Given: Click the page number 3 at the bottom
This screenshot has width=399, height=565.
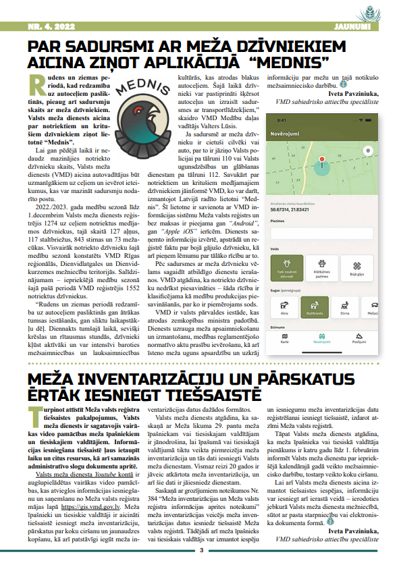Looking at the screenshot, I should point(201,551).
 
